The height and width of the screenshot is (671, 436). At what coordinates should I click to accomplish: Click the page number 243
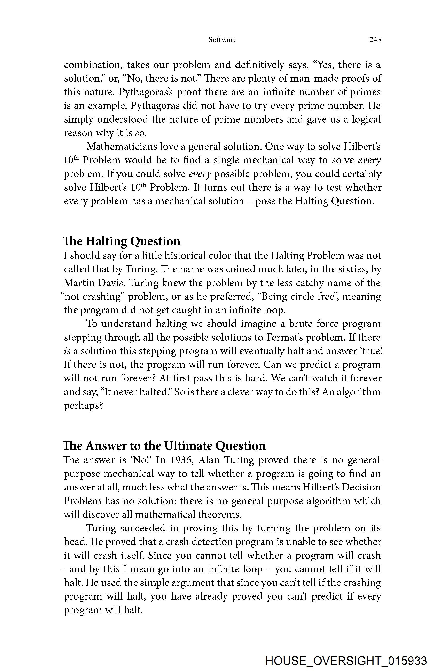pyautogui.click(x=375, y=40)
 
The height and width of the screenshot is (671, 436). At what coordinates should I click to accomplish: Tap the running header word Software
pyautogui.click(x=222, y=40)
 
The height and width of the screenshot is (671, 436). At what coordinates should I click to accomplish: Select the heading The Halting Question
pyautogui.click(x=121, y=241)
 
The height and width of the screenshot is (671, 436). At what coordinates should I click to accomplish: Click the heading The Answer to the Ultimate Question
pyautogui.click(x=164, y=446)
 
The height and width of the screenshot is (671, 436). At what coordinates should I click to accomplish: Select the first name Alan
pyautogui.click(x=209, y=460)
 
